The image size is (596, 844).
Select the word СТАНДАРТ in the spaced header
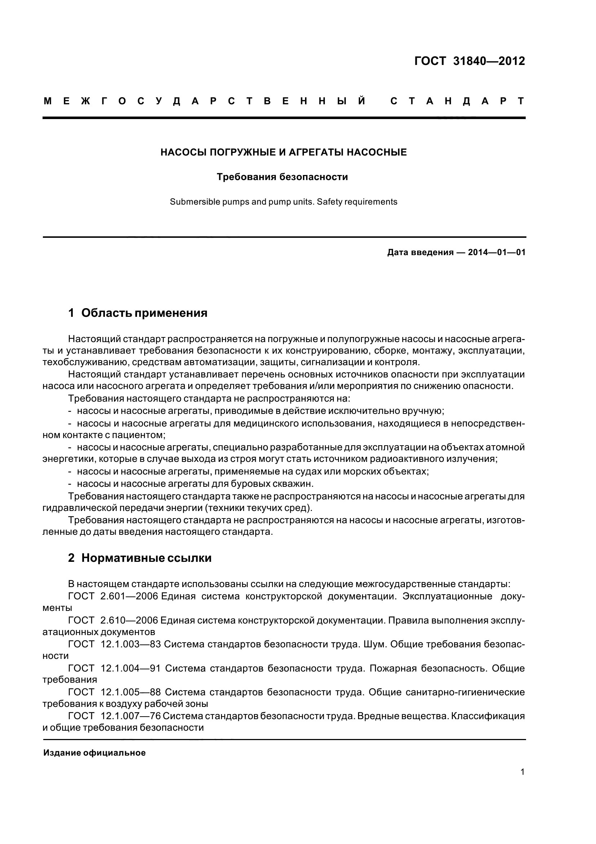point(457,101)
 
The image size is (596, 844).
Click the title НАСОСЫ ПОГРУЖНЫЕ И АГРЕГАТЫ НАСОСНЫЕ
point(283,152)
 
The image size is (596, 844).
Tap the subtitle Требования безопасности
point(282,177)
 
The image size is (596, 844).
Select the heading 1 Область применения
point(138,313)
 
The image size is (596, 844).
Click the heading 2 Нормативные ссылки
point(140,558)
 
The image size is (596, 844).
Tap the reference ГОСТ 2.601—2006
point(113,596)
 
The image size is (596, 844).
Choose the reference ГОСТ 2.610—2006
point(113,620)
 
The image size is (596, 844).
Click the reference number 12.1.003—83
point(131,644)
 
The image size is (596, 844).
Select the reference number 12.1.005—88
point(131,692)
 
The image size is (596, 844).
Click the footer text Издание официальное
point(94,753)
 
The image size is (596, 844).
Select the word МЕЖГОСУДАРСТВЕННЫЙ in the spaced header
point(204,101)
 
